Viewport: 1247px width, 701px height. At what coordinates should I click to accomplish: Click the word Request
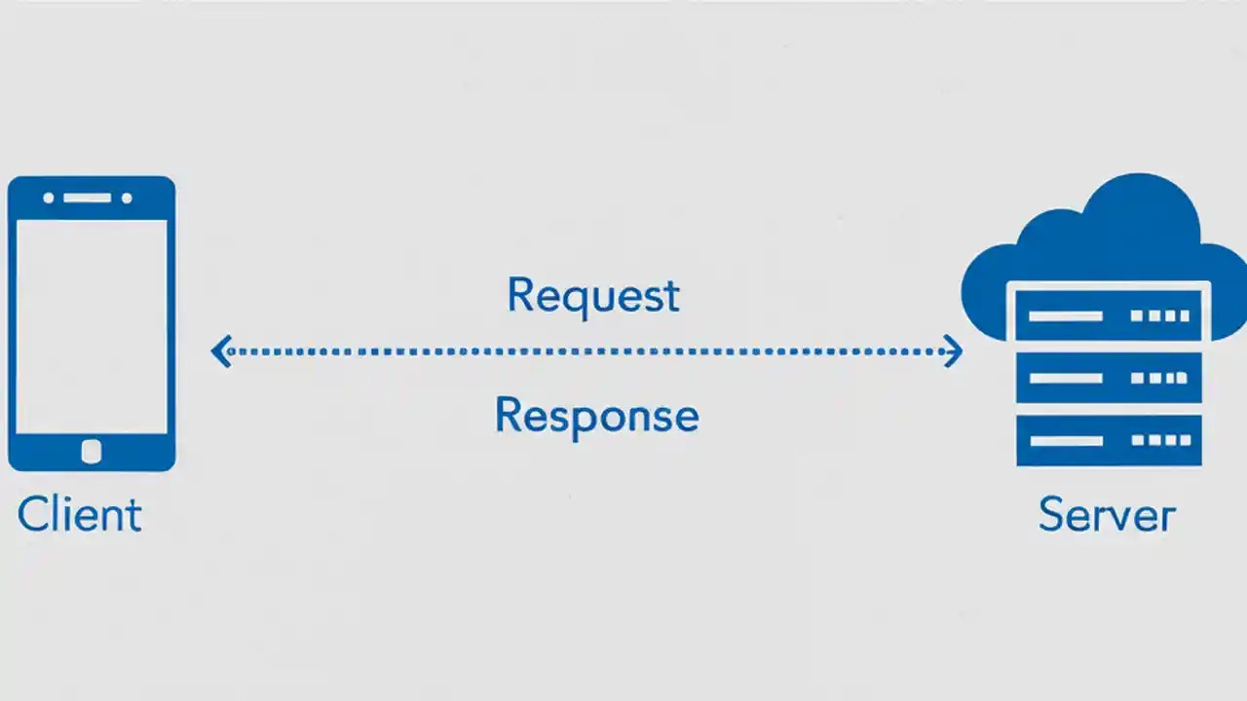point(592,296)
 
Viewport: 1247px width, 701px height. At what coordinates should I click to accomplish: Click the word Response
point(596,417)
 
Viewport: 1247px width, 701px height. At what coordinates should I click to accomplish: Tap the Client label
point(80,514)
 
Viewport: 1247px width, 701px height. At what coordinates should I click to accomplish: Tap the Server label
point(1107,514)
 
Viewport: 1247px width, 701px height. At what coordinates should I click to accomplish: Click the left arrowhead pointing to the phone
point(221,350)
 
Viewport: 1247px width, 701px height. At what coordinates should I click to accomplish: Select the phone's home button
point(92,451)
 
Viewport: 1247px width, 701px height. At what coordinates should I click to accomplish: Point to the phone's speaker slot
point(88,198)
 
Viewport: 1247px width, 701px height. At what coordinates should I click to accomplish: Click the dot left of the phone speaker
point(50,198)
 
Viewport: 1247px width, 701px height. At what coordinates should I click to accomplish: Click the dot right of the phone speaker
point(127,198)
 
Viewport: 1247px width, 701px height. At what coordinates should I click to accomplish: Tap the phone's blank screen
point(92,326)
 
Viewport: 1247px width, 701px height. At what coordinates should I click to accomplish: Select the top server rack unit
point(1109,315)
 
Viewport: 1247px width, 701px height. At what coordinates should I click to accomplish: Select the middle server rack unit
point(1109,378)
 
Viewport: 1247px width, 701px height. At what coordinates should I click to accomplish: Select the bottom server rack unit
point(1109,440)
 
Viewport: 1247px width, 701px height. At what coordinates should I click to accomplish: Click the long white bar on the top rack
point(1066,315)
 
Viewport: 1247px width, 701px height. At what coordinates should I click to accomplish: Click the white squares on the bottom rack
point(1160,440)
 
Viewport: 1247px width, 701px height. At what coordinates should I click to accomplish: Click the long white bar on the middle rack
point(1066,378)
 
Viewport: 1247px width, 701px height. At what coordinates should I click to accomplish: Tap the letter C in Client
point(32,514)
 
